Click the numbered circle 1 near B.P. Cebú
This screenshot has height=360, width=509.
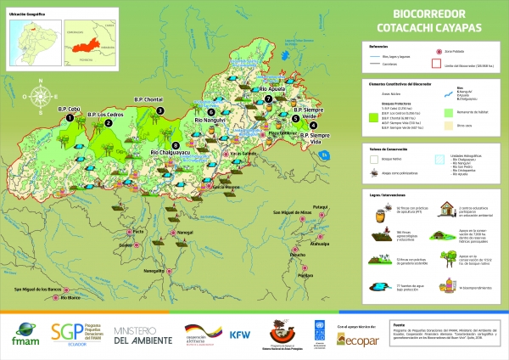coord(69,121)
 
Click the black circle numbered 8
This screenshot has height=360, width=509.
coord(176,145)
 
